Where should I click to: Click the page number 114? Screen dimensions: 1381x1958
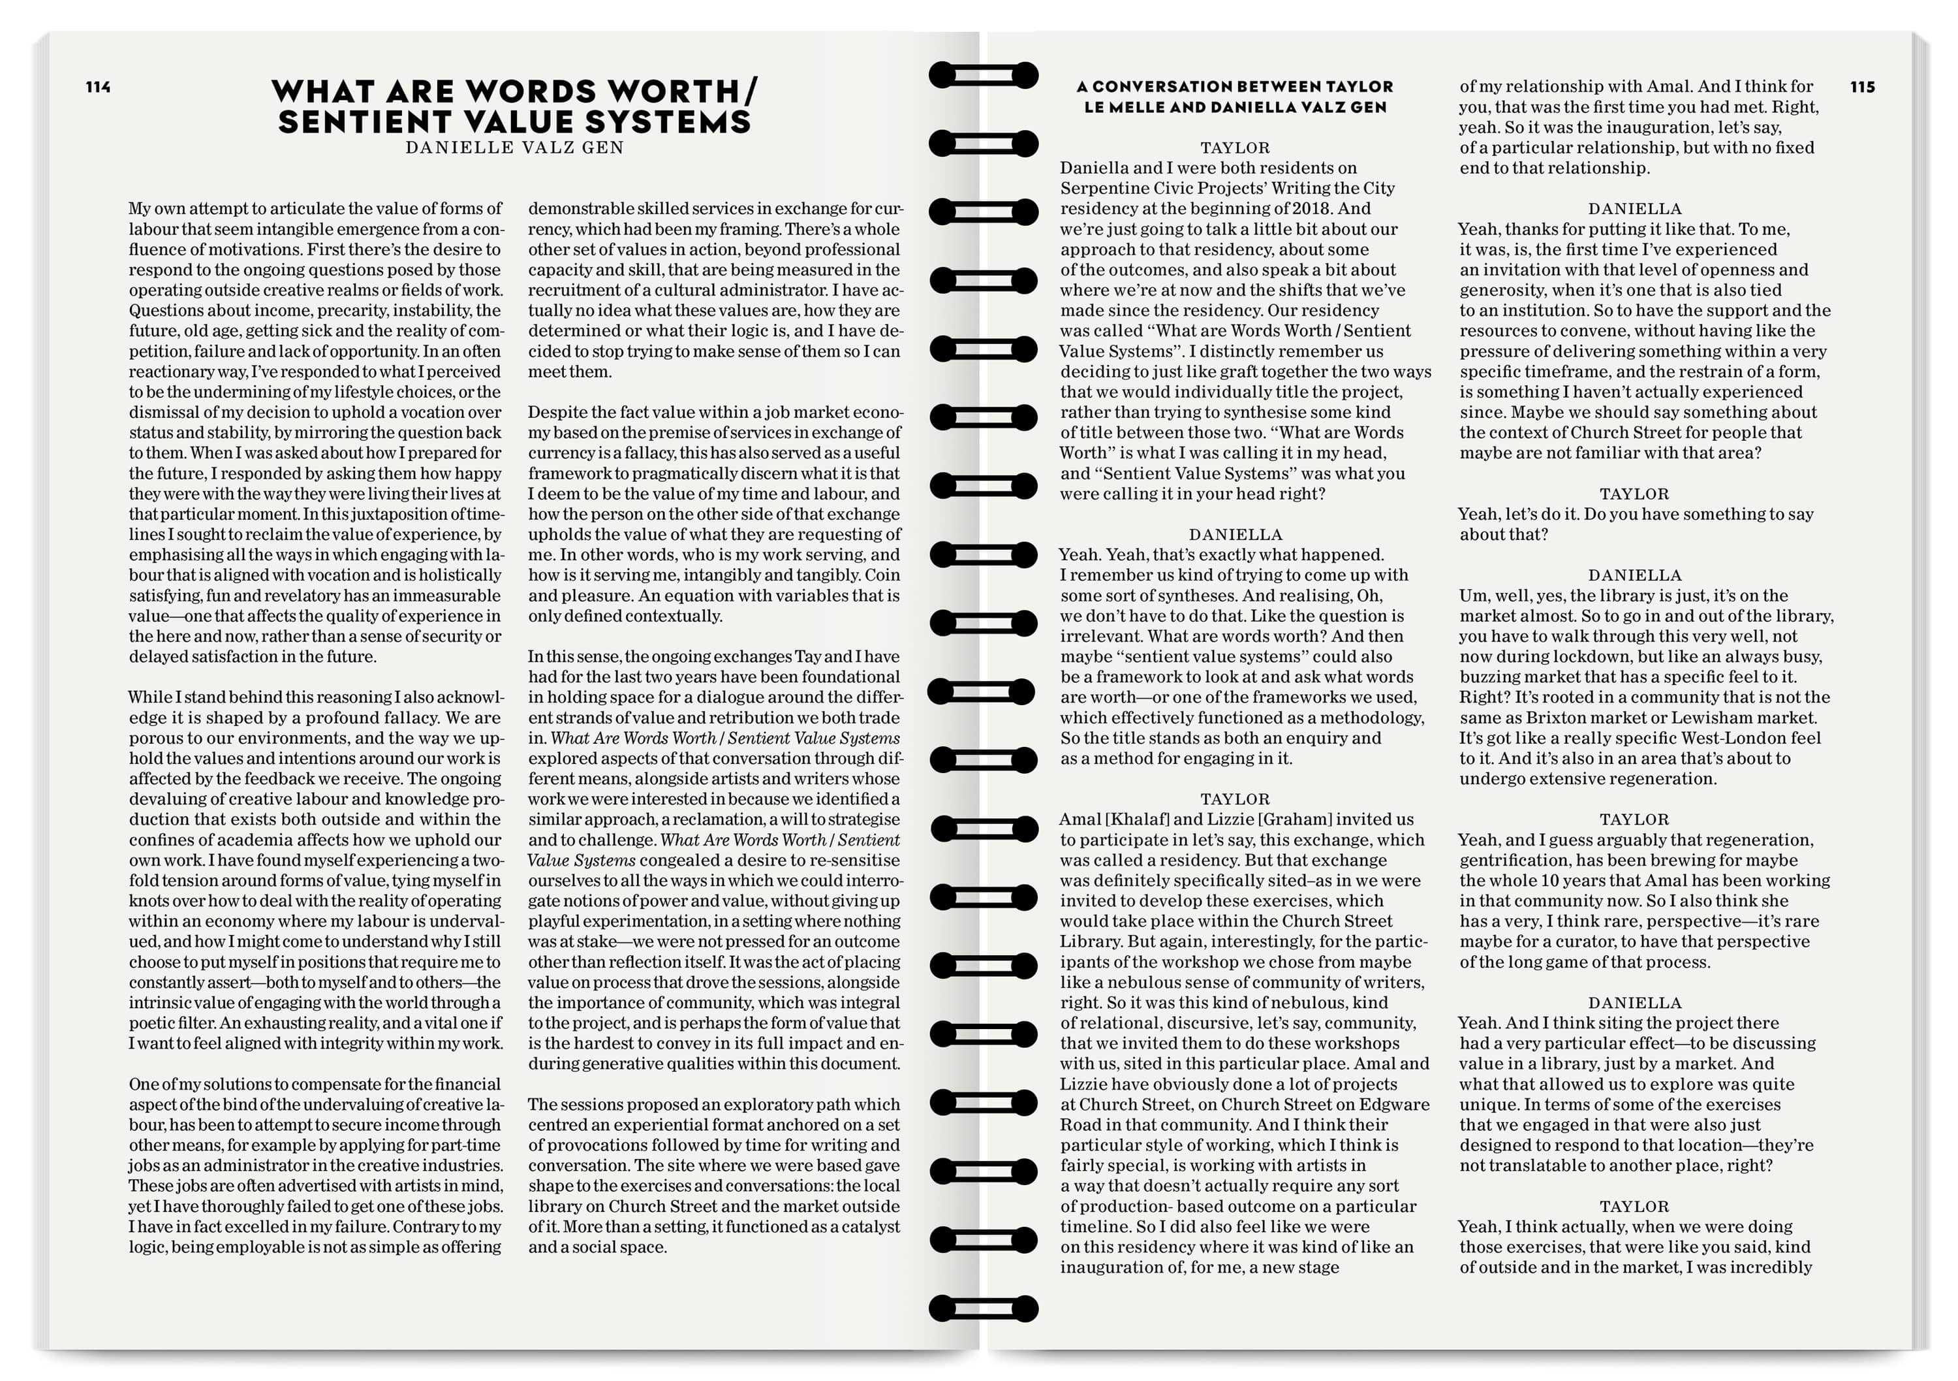[x=98, y=87]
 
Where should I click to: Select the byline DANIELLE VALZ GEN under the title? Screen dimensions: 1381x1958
[x=514, y=148]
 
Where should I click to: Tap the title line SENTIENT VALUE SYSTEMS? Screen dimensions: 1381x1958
[x=514, y=122]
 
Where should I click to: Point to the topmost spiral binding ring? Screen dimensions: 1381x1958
[x=984, y=75]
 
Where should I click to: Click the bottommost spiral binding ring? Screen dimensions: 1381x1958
[x=984, y=1308]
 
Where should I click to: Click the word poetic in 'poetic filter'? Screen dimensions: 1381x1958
[x=157, y=1023]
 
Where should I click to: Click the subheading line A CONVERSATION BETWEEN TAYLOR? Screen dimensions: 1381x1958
[x=1235, y=86]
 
